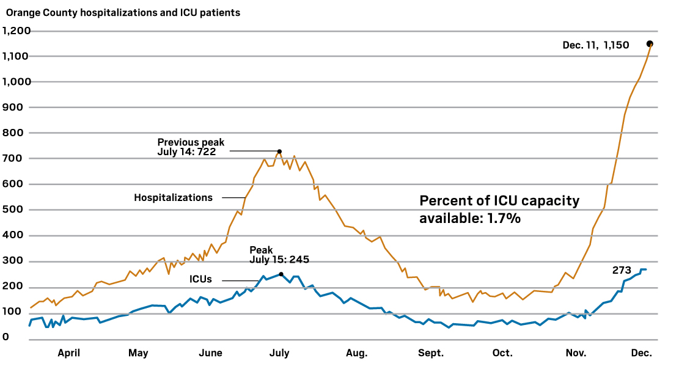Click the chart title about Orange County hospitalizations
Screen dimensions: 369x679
click(x=123, y=12)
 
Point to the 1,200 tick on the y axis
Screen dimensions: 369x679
click(x=17, y=31)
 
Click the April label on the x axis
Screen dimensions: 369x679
click(x=68, y=353)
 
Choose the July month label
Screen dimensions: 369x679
click(x=279, y=353)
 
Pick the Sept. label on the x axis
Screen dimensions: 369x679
click(x=431, y=353)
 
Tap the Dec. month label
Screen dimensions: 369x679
click(x=641, y=353)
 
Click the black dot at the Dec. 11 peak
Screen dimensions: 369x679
click(x=650, y=43)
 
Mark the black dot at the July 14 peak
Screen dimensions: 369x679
click(x=279, y=152)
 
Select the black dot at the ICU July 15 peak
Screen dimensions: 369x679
click(x=281, y=274)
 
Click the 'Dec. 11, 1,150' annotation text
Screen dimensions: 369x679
click(x=595, y=45)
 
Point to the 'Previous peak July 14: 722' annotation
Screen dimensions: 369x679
click(x=190, y=147)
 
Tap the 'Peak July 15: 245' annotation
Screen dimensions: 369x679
click(x=279, y=255)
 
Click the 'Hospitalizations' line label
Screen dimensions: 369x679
click(x=173, y=197)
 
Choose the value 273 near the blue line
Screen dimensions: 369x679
click(x=622, y=270)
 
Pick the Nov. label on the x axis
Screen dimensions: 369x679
click(x=575, y=353)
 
